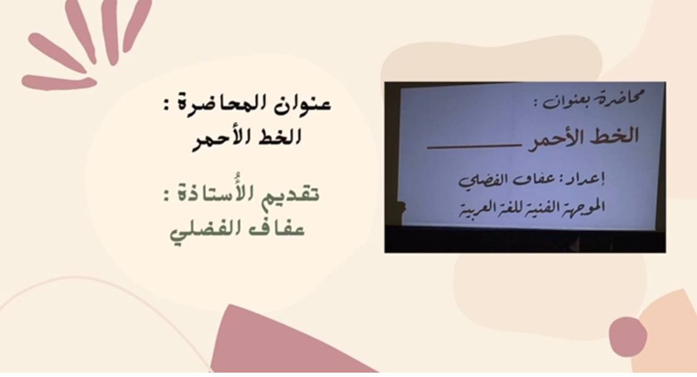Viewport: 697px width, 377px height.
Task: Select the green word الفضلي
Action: (x=210, y=231)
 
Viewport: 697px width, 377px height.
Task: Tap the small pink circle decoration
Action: (x=628, y=336)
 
